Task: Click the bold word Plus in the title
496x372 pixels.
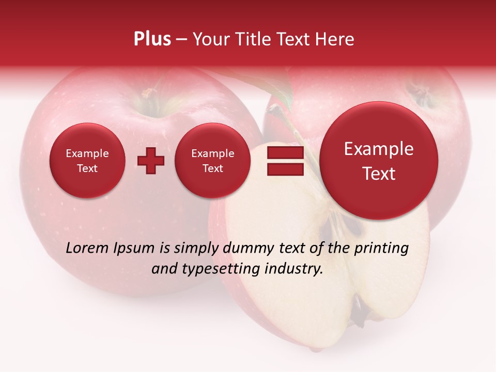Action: coord(152,39)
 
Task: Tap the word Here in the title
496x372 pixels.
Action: coord(334,39)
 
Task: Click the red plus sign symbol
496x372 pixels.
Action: coord(150,161)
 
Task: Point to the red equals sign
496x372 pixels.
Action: coord(285,161)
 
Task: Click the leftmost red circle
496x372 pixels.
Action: coord(87,161)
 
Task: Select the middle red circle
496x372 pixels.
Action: coord(212,161)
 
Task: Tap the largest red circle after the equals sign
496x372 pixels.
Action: coord(379,161)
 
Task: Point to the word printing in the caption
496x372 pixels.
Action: coord(381,249)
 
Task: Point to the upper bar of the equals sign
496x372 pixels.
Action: coord(285,152)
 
